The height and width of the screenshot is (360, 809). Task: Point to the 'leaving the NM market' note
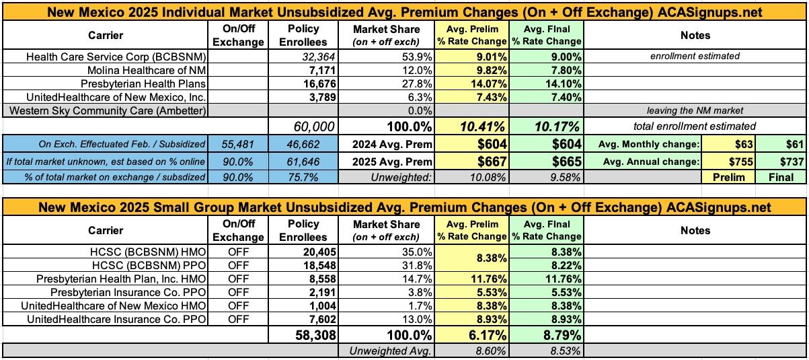[695, 110]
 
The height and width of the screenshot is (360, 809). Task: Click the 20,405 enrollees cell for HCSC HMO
[316, 252]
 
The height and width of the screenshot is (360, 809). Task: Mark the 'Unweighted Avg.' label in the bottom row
[391, 351]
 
